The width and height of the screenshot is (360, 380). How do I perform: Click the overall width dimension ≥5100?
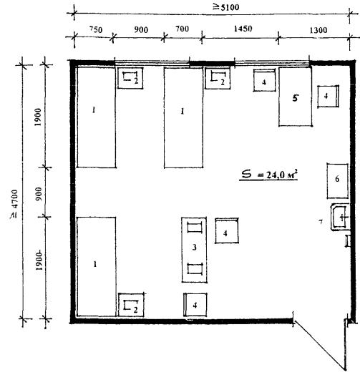226,7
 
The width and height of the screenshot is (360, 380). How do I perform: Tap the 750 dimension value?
96,29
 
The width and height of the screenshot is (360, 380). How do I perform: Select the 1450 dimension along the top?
243,29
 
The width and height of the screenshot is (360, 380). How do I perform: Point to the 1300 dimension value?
318,30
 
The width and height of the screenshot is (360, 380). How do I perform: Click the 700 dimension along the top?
182,29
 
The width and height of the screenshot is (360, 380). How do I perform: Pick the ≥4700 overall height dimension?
14,204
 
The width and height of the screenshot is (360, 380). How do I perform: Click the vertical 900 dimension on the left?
39,194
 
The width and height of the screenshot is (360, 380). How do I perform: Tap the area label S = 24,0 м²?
269,175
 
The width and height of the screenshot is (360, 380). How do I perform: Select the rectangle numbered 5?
295,97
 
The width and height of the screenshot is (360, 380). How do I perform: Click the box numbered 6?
337,181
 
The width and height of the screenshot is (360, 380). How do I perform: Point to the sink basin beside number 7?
340,217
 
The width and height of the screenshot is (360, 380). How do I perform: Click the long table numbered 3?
194,250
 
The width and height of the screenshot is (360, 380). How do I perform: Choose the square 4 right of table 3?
227,230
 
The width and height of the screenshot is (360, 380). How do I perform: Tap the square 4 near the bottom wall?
195,305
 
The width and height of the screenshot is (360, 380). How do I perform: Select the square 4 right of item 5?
328,97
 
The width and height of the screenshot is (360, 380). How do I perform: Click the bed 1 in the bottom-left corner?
96,267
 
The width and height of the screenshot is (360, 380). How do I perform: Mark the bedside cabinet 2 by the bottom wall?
131,305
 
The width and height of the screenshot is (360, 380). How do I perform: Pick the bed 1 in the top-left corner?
96,117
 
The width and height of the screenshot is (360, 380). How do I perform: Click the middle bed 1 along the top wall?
183,117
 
